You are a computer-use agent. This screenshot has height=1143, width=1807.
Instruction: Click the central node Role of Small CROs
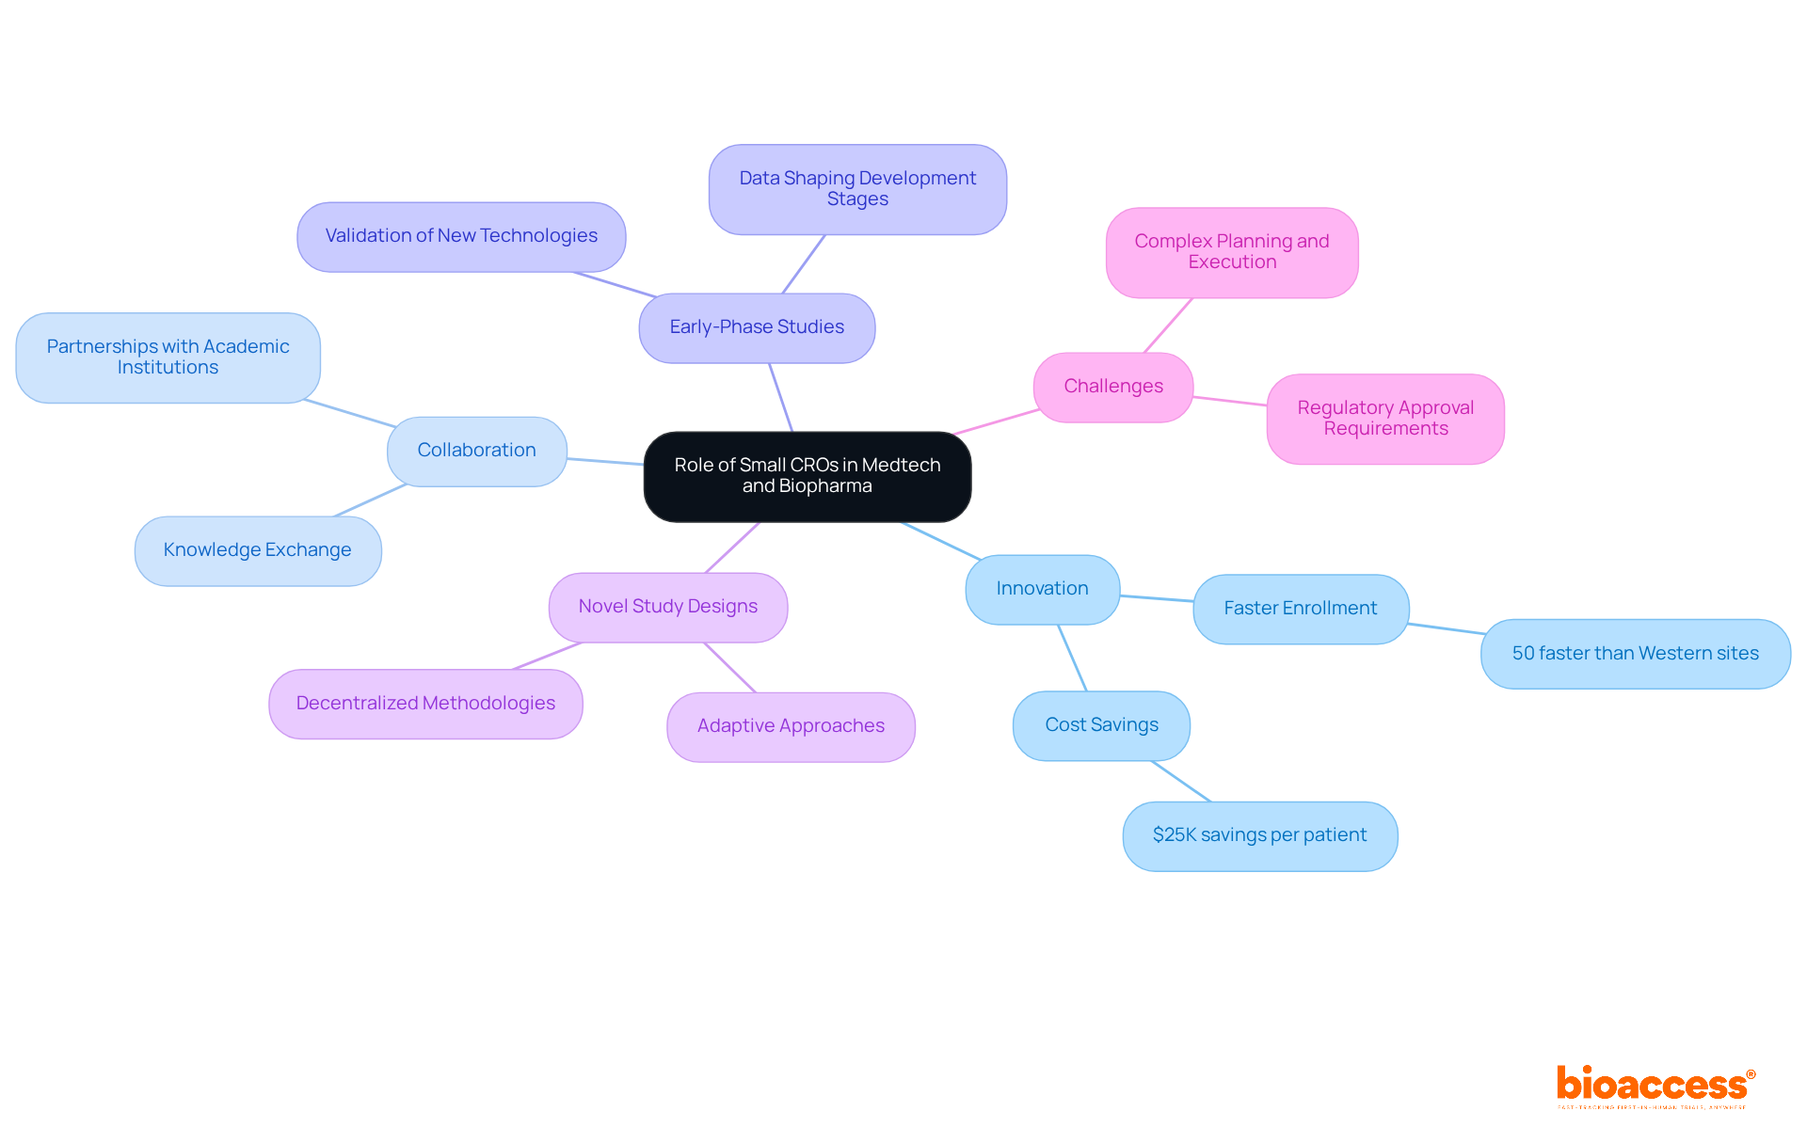pyautogui.click(x=807, y=476)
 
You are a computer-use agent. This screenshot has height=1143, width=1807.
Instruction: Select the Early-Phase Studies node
pyautogui.click(x=757, y=327)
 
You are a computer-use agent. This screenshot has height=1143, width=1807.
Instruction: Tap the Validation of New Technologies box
pyautogui.click(x=461, y=236)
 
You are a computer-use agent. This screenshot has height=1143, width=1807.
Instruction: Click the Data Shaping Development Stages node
pyautogui.click(x=857, y=189)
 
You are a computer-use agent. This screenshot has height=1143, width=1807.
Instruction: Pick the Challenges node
pyautogui.click(x=1112, y=387)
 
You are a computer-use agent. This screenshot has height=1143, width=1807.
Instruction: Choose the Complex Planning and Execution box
pyautogui.click(x=1231, y=252)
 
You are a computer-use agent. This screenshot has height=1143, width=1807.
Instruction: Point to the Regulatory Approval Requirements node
pyautogui.click(x=1384, y=419)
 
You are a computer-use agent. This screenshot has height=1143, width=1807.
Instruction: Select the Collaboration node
pyautogui.click(x=476, y=451)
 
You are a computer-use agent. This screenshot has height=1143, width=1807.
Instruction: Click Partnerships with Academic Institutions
pyautogui.click(x=168, y=357)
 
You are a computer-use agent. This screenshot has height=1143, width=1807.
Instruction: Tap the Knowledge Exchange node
pyautogui.click(x=257, y=550)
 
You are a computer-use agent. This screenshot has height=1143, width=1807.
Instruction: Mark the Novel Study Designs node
pyautogui.click(x=667, y=607)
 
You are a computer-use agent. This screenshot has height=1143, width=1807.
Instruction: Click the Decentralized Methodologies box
pyautogui.click(x=425, y=704)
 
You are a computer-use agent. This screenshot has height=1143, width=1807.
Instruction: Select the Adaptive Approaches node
pyautogui.click(x=791, y=726)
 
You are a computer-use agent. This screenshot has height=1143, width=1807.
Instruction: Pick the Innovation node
pyautogui.click(x=1042, y=589)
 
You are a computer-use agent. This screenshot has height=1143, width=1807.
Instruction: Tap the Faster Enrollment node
pyautogui.click(x=1300, y=609)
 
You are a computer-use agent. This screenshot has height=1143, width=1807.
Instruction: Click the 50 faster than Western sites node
pyautogui.click(x=1635, y=654)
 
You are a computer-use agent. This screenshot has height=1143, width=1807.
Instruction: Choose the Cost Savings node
pyautogui.click(x=1101, y=725)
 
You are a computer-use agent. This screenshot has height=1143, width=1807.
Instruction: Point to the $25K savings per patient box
pyautogui.click(x=1259, y=835)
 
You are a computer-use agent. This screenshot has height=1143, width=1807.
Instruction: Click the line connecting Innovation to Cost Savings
pyautogui.click(x=1072, y=658)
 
